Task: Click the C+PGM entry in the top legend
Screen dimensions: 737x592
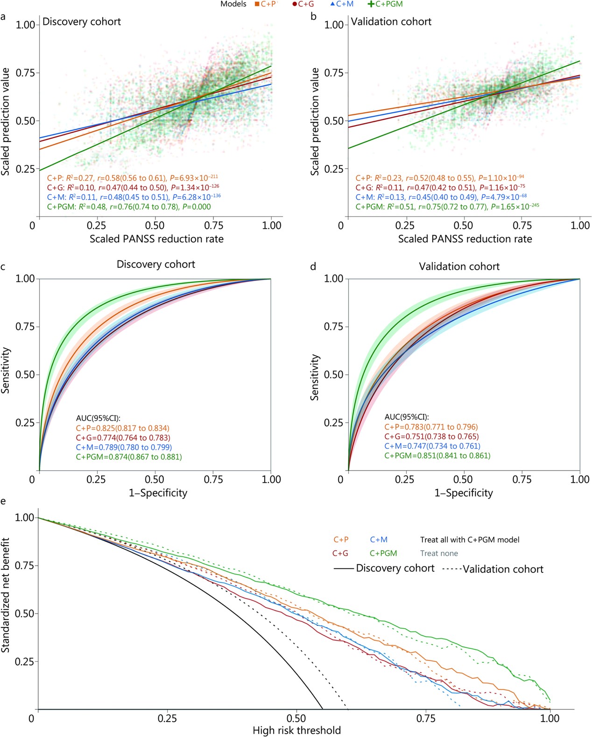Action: [x=385, y=4]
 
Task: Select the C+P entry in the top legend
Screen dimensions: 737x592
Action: [x=266, y=4]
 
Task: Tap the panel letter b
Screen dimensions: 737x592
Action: [x=314, y=17]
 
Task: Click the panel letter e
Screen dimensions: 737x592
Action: [x=4, y=501]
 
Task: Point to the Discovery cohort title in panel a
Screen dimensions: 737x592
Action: [x=82, y=21]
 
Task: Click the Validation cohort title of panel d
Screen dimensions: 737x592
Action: [x=459, y=267]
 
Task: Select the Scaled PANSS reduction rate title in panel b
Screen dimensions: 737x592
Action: [x=465, y=239]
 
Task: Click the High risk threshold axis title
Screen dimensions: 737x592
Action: [x=296, y=730]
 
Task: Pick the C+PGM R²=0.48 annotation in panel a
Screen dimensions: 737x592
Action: [x=129, y=207]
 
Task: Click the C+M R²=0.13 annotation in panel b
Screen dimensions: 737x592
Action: [x=441, y=197]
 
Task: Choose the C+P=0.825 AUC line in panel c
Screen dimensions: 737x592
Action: [x=123, y=428]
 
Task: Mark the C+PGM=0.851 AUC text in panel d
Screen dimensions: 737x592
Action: [x=437, y=456]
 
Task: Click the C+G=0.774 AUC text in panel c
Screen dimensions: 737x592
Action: [x=123, y=438]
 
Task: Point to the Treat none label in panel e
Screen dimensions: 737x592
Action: [x=439, y=554]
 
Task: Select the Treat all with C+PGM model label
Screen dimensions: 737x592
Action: [x=470, y=540]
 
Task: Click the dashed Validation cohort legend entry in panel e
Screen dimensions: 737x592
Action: [x=493, y=569]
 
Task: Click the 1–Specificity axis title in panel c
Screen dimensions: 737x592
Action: [x=158, y=493]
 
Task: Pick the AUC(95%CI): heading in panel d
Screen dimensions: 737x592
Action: [x=406, y=417]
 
